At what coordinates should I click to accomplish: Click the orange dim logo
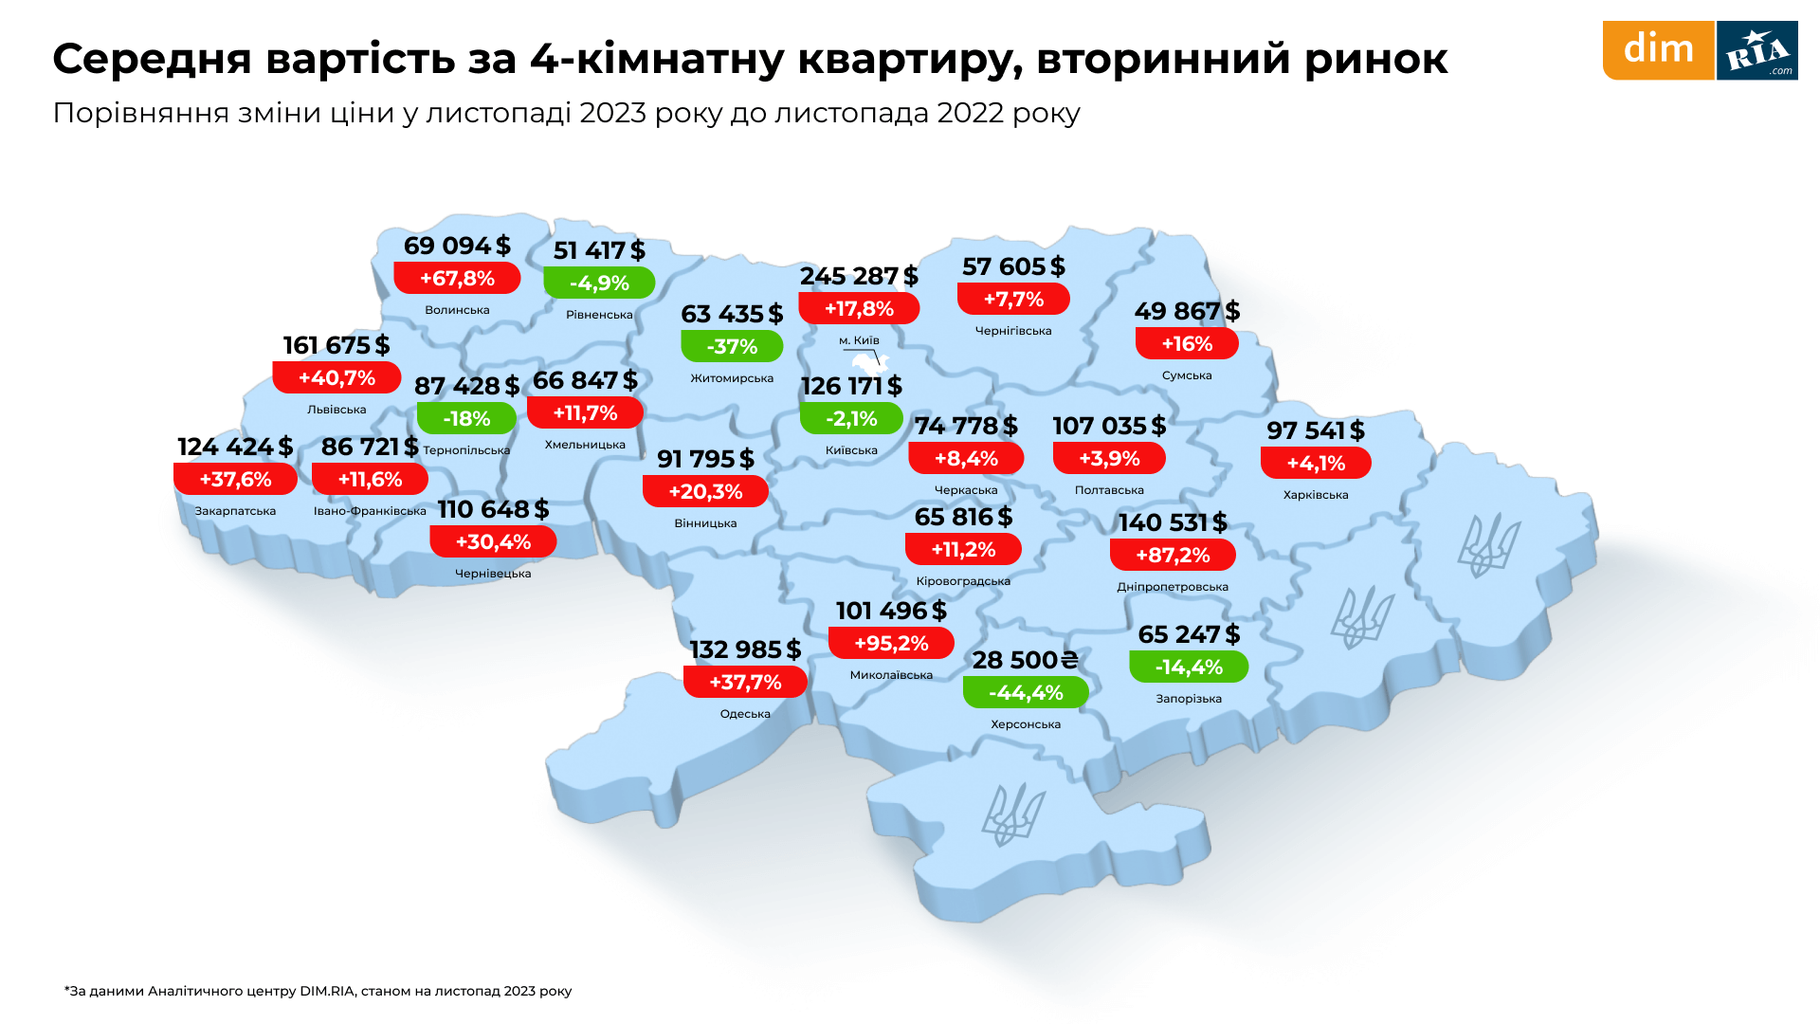point(1658,50)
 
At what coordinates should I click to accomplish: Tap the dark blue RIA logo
point(1756,50)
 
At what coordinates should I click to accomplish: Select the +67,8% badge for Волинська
point(457,279)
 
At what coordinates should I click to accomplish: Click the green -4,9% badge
point(599,283)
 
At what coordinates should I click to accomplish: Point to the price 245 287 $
point(859,276)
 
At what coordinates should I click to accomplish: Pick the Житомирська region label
point(732,378)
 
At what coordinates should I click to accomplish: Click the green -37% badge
point(732,347)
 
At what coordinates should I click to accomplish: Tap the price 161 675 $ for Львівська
point(337,345)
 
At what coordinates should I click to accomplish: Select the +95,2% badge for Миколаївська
point(891,644)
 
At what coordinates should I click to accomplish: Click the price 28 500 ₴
point(1025,660)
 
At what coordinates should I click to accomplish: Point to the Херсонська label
point(1026,724)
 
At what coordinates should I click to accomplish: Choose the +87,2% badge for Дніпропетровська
point(1173,556)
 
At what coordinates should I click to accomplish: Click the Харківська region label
point(1316,495)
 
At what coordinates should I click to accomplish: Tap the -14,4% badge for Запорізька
point(1189,667)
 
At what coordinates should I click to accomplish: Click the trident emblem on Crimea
point(1012,814)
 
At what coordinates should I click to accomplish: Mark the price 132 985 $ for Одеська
point(745,649)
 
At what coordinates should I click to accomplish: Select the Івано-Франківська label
point(370,511)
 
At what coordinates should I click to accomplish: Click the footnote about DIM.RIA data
point(318,991)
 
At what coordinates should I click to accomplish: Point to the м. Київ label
point(859,340)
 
